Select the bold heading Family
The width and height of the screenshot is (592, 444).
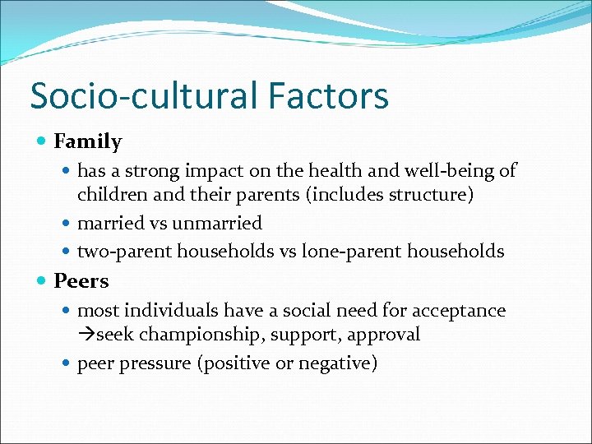coord(87,141)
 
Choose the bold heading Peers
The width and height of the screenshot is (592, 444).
coord(81,280)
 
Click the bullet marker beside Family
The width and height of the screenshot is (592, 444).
coord(42,141)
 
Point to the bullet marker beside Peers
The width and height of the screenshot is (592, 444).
coord(42,280)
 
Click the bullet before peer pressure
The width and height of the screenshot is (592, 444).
coord(66,363)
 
